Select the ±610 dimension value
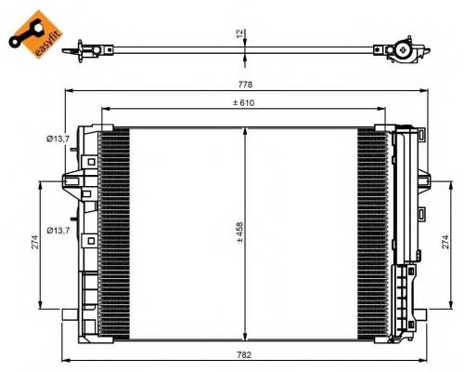(x=245, y=101)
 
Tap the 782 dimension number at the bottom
(x=245, y=354)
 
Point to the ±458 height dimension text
(x=238, y=232)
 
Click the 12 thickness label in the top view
(x=239, y=34)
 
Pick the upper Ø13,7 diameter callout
(x=59, y=139)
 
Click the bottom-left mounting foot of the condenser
(x=67, y=316)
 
